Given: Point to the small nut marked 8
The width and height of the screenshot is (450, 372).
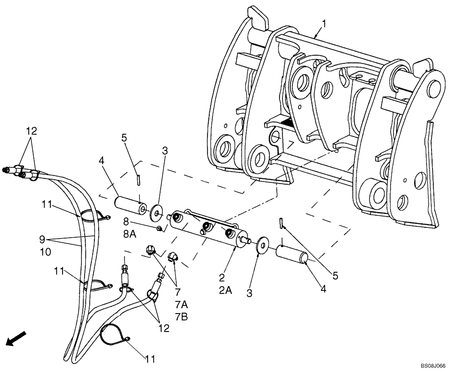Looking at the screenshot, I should pos(159,229).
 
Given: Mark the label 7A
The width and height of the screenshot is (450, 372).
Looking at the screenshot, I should pos(181,305).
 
